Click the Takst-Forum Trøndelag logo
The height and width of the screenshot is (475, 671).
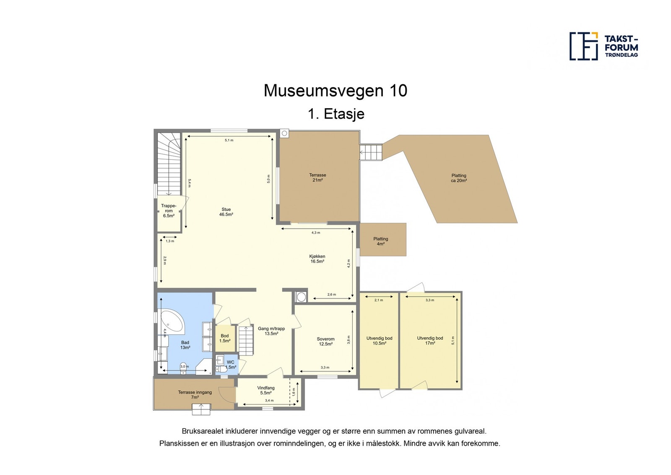[603, 46]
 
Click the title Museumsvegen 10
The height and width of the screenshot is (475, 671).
[335, 91]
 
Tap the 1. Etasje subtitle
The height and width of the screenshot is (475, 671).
[335, 114]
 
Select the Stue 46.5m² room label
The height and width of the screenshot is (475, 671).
[226, 212]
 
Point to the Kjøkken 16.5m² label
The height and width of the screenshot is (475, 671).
[317, 259]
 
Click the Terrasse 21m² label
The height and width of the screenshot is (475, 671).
[317, 177]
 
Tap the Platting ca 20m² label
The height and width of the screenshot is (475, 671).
[458, 178]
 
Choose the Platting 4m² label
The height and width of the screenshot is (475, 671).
[380, 241]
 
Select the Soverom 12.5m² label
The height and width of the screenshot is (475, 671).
[325, 342]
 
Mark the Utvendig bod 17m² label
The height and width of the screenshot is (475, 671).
[430, 340]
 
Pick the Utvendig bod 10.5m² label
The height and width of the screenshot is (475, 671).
[379, 340]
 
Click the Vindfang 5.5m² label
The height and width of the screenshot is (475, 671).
[266, 390]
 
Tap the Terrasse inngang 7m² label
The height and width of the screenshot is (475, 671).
[195, 395]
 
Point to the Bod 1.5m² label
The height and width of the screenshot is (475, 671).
[225, 338]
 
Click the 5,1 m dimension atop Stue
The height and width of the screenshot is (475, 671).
[229, 140]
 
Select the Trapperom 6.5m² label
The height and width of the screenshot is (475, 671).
[169, 211]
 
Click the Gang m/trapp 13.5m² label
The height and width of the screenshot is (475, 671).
[271, 331]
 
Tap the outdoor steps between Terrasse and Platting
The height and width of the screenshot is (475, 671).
[372, 152]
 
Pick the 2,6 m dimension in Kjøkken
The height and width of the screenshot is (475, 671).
[331, 295]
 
